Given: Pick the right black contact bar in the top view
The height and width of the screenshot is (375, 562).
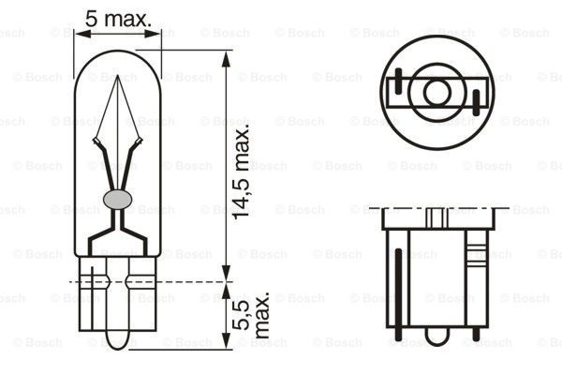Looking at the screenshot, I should [x=476, y=100].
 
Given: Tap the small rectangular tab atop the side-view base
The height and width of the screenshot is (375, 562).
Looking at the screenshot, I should [x=436, y=217].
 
